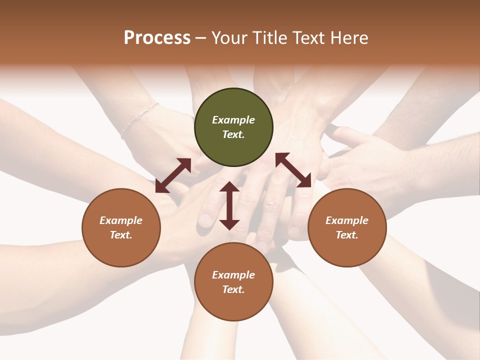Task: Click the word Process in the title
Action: click(157, 38)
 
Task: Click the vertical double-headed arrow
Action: click(229, 205)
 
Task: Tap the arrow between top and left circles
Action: click(173, 175)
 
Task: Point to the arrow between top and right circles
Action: click(293, 170)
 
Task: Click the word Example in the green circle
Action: click(233, 120)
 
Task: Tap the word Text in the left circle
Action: click(121, 235)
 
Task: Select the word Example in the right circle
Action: click(347, 220)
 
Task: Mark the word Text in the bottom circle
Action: click(233, 289)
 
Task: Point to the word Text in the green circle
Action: click(233, 134)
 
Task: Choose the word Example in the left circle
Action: click(121, 220)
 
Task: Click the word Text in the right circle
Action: click(347, 235)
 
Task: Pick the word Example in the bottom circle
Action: click(233, 275)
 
